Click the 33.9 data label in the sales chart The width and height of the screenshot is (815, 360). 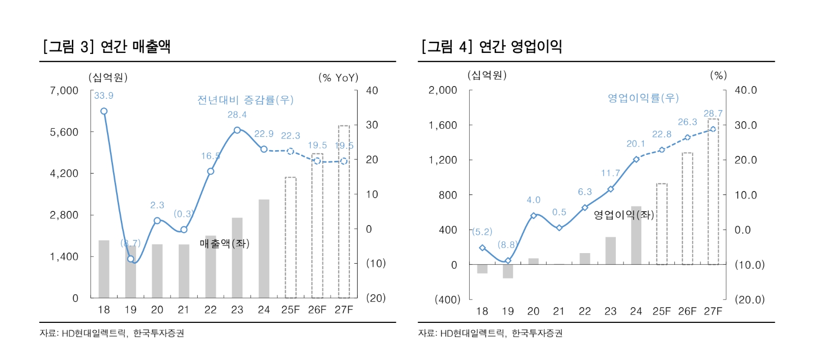click(x=103, y=96)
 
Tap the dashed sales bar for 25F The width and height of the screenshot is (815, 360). click(x=290, y=237)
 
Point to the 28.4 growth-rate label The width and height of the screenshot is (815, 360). click(x=237, y=115)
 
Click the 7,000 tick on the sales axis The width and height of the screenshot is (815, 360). click(x=64, y=91)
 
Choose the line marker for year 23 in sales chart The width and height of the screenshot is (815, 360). click(x=237, y=130)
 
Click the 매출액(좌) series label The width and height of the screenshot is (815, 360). click(x=224, y=243)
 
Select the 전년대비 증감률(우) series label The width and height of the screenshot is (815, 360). click(x=245, y=100)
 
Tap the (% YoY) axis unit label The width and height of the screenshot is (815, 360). click(x=338, y=77)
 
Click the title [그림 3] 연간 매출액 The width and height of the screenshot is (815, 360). click(x=107, y=47)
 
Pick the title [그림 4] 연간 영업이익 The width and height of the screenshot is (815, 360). click(x=492, y=47)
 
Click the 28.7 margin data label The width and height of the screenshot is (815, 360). click(x=713, y=114)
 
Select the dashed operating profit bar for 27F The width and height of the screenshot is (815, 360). click(x=713, y=191)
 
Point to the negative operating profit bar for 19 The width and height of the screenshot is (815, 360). click(x=508, y=271)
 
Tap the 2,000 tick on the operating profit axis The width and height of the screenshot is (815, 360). click(x=443, y=90)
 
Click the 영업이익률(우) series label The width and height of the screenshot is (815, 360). click(x=643, y=98)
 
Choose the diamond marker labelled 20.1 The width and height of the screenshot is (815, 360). click(x=636, y=159)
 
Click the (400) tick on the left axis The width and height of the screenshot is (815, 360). click(x=447, y=299)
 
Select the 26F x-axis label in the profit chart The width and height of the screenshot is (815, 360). click(x=687, y=311)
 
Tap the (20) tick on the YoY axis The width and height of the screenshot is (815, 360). click(x=376, y=298)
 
